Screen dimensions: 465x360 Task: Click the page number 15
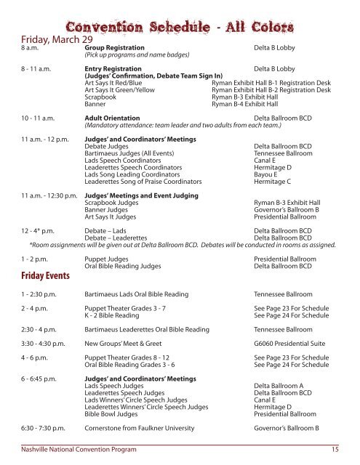(334, 451)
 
